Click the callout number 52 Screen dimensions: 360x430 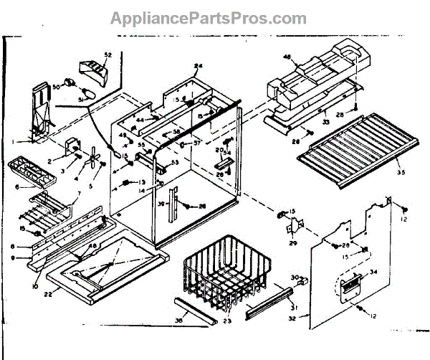pyautogui.click(x=108, y=55)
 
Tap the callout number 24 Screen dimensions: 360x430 pyautogui.click(x=199, y=66)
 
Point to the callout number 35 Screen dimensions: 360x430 pyautogui.click(x=398, y=173)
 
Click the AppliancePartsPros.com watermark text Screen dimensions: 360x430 pyautogui.click(x=208, y=18)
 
